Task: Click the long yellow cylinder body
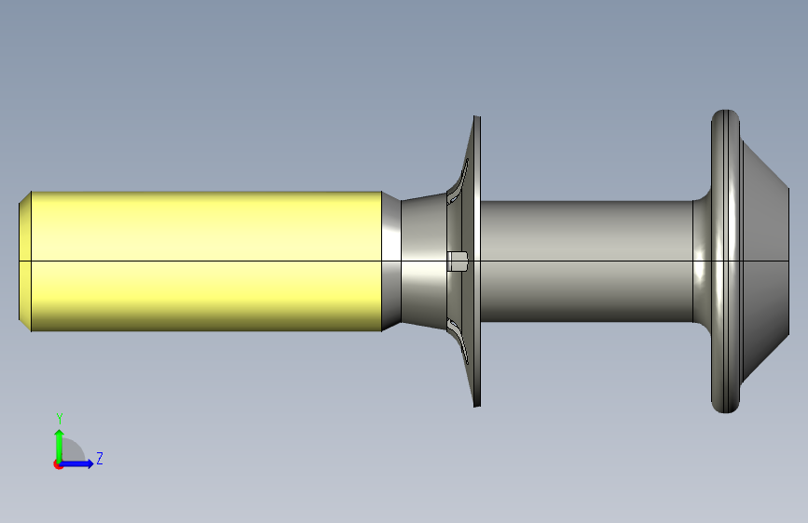(x=206, y=261)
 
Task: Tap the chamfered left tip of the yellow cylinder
(x=25, y=261)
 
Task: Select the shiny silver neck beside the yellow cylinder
(x=391, y=261)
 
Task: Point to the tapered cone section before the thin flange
(x=424, y=261)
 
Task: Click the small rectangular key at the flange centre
(x=457, y=261)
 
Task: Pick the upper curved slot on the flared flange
(x=458, y=181)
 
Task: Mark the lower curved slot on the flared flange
(x=458, y=342)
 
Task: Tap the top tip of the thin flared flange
(x=477, y=117)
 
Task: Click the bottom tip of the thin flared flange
(x=477, y=405)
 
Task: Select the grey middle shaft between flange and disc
(x=586, y=261)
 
